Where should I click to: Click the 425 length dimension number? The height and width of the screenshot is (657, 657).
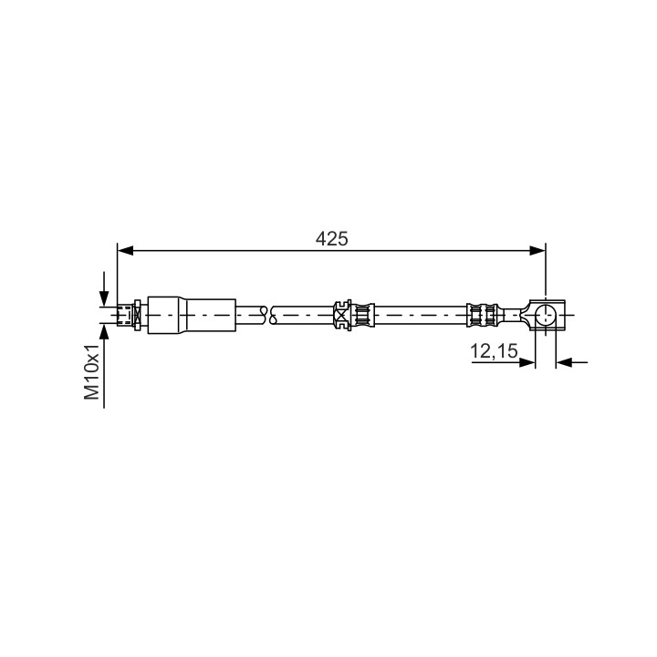pos(331,239)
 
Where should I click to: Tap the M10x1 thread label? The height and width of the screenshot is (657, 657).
pos(92,372)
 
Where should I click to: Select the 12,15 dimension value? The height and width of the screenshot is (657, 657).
pos(494,351)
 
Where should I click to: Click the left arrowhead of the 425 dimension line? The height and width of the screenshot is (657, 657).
pos(125,251)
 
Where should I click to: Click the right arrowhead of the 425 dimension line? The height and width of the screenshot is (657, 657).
pos(537,251)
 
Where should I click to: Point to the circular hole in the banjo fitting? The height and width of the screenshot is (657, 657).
pos(546,316)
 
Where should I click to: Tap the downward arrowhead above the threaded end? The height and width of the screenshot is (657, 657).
pos(104,299)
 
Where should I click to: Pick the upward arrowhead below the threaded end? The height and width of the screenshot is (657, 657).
pos(104,331)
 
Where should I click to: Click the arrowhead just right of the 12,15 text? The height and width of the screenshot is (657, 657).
pos(527,362)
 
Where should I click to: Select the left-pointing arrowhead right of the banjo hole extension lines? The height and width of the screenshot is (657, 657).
pos(564,362)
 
